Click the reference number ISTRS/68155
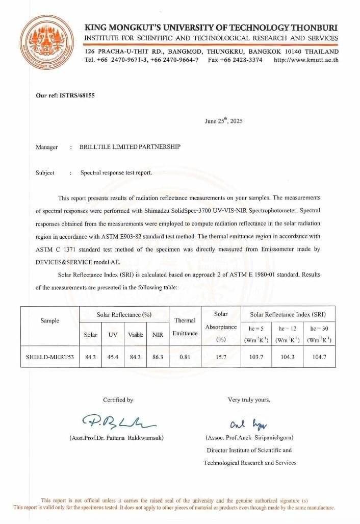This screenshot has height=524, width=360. click(59, 95)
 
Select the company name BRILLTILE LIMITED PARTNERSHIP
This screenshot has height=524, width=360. click(130, 147)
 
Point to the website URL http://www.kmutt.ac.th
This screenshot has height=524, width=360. click(306, 60)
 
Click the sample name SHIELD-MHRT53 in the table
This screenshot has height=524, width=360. click(50, 357)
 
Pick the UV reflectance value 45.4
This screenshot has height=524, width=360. click(113, 357)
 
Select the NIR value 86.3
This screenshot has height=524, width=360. click(158, 357)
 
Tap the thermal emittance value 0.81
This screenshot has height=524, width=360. click(185, 357)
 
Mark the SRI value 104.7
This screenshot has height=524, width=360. click(320, 357)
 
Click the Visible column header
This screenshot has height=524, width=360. click(135, 335)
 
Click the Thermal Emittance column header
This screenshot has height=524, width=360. click(185, 327)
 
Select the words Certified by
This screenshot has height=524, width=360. click(118, 400)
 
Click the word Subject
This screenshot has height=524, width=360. click(45, 172)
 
